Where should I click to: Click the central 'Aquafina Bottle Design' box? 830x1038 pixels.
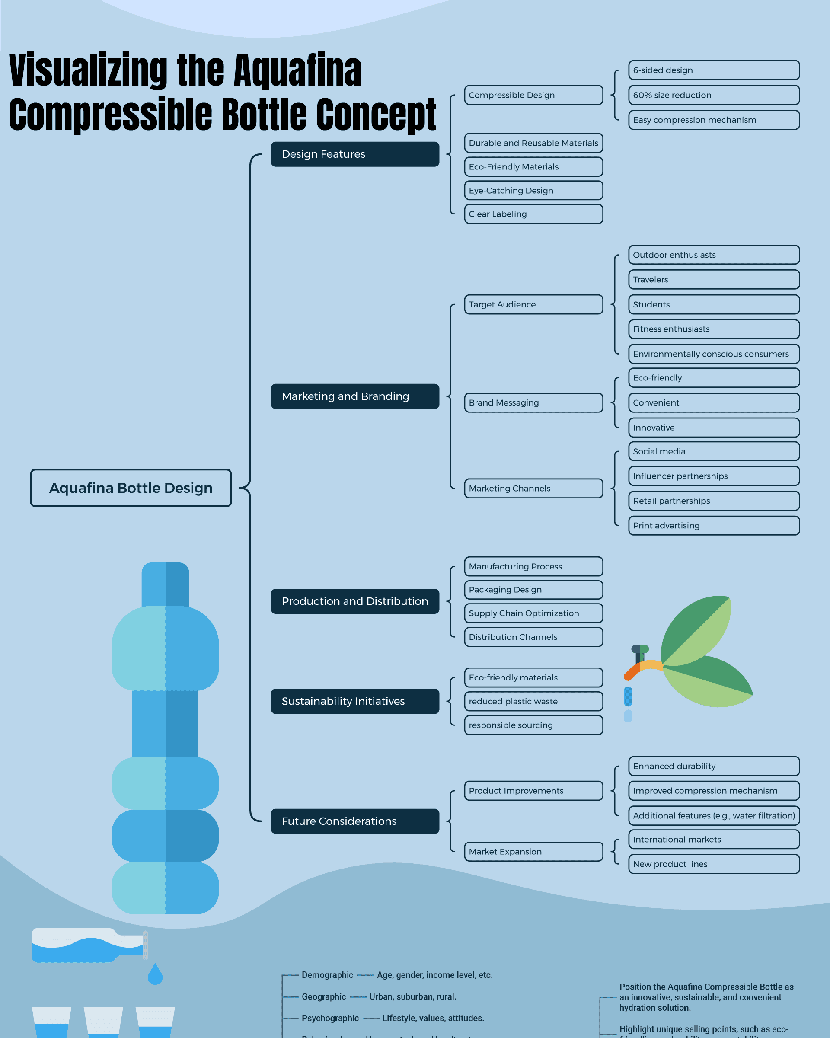131,488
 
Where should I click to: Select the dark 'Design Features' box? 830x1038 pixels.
355,154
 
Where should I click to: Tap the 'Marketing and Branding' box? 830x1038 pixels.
355,396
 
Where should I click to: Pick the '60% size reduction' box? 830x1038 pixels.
713,95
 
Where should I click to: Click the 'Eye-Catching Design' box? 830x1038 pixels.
533,190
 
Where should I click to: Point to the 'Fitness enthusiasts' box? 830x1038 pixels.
713,329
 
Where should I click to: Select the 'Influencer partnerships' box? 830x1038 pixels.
713,476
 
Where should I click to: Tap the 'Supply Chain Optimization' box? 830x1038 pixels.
533,613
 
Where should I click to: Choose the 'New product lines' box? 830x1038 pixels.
713,864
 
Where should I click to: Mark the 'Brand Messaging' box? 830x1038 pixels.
533,402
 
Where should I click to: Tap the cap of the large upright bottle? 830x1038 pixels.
165,584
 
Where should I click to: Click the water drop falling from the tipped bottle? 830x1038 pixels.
155,974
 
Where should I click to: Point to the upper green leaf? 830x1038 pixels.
696,628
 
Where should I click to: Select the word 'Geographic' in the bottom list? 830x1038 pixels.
323,996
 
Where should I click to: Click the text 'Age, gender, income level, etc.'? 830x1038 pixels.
434,975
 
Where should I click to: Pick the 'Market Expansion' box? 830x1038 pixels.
533,851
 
